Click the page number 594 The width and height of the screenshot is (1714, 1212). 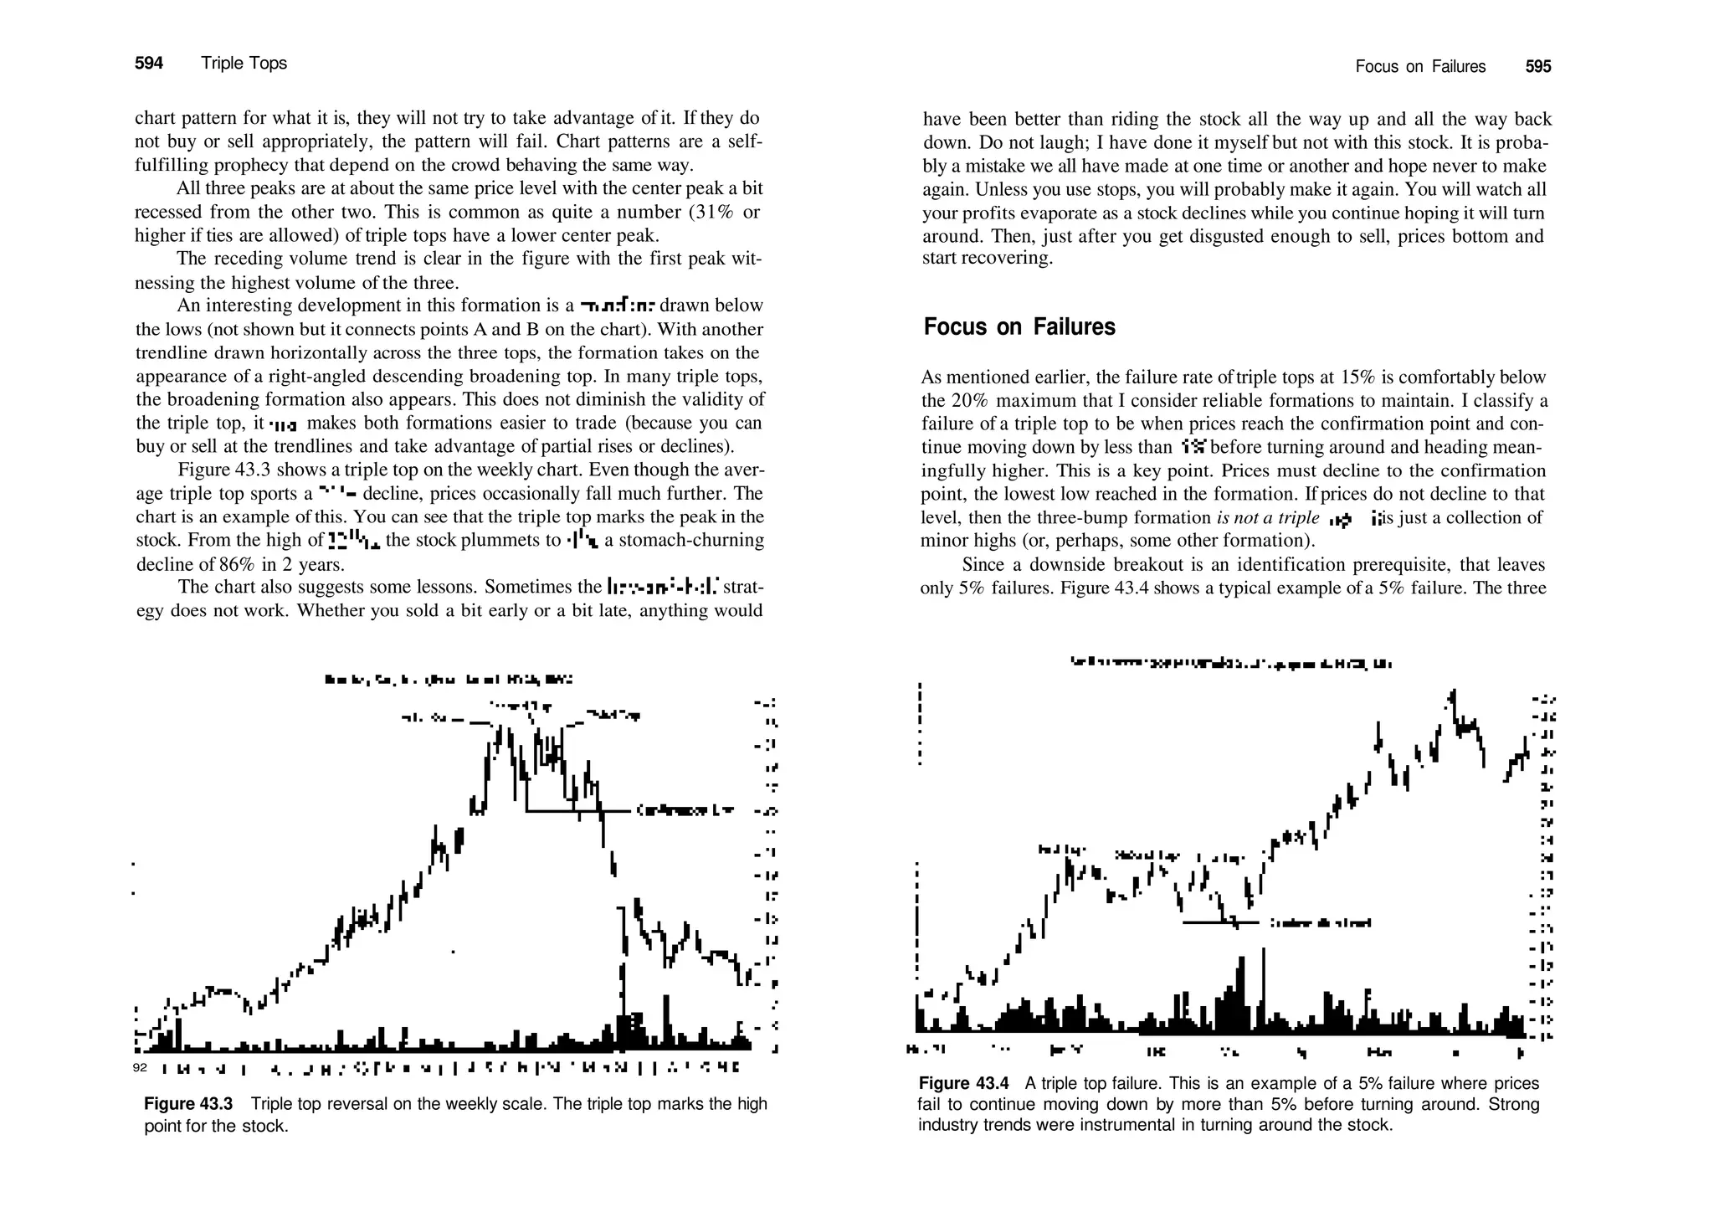coord(149,64)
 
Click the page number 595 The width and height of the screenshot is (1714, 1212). coord(1538,67)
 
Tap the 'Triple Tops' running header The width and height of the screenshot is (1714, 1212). coord(244,64)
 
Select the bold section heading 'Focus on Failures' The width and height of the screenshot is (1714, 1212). coord(1019,326)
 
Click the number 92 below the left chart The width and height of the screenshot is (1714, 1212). coord(140,1069)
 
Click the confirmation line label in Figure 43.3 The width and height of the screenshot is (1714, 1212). coord(685,810)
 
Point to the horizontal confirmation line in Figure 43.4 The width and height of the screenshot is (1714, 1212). coord(1220,923)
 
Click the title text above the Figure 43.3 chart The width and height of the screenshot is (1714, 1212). coord(449,680)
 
